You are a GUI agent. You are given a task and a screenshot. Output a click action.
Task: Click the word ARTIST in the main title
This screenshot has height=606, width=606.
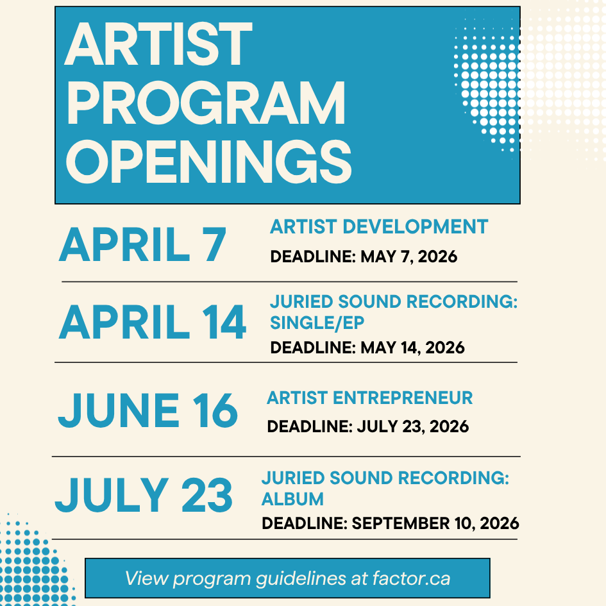pyautogui.click(x=158, y=44)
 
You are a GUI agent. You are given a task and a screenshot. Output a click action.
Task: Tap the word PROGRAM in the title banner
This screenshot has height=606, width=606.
pyautogui.click(x=206, y=103)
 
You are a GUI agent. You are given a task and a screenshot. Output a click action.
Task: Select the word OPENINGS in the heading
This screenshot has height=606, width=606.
pyautogui.click(x=208, y=162)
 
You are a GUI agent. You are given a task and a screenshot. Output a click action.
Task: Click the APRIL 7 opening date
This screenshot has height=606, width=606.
pyautogui.click(x=142, y=244)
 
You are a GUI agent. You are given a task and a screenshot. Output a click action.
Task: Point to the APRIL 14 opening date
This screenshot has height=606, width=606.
pyautogui.click(x=152, y=322)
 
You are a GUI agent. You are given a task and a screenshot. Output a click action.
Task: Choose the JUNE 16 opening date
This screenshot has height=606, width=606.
pyautogui.click(x=147, y=410)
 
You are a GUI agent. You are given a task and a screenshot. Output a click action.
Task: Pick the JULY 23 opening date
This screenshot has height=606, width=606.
pyautogui.click(x=144, y=494)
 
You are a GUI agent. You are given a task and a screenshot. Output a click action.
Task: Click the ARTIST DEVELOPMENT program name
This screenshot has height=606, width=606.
pyautogui.click(x=379, y=226)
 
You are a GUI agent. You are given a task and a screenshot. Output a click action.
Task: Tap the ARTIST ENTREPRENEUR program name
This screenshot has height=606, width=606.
pyautogui.click(x=369, y=398)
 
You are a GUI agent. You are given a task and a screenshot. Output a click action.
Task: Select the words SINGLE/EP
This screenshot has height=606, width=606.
pyautogui.click(x=317, y=323)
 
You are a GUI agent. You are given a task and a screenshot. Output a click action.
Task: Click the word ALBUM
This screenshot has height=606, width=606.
pyautogui.click(x=292, y=499)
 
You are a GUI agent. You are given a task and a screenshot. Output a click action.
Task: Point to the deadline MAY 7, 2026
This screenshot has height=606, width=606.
pyautogui.click(x=409, y=257)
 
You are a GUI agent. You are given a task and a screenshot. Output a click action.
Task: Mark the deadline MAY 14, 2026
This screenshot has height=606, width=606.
pyautogui.click(x=412, y=348)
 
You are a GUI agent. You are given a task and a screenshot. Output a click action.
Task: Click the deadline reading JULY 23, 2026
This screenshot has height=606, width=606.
pyautogui.click(x=413, y=426)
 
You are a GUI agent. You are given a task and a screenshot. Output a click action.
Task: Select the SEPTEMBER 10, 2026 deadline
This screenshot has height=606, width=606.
pyautogui.click(x=435, y=523)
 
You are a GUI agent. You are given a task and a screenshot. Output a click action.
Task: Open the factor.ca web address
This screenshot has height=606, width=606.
pyautogui.click(x=412, y=578)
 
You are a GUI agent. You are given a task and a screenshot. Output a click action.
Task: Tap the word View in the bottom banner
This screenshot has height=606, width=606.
pyautogui.click(x=147, y=578)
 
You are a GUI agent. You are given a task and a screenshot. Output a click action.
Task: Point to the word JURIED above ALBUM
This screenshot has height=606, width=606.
pyautogui.click(x=293, y=478)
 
